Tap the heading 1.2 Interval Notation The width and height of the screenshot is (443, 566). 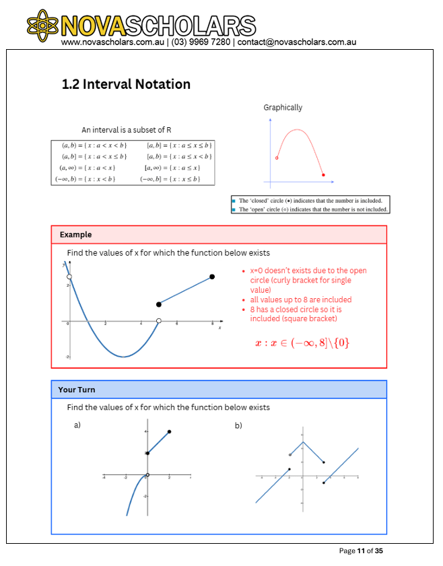(126, 84)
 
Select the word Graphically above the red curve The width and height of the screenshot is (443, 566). (283, 107)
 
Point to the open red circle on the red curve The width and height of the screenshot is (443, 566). (277, 158)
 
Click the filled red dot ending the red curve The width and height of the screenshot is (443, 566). (324, 175)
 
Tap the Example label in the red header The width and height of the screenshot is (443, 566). (75, 235)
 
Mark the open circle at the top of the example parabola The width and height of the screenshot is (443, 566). (69, 276)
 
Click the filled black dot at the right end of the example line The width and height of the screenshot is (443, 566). (212, 277)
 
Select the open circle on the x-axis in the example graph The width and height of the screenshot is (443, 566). (159, 321)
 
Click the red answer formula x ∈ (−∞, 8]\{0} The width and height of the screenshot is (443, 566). (302, 343)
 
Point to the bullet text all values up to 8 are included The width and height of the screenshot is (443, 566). (300, 299)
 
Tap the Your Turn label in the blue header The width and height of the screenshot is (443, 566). (77, 390)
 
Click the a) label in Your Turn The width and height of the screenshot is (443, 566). (77, 425)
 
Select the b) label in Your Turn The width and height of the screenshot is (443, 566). (238, 425)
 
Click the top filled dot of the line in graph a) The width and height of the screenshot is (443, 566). (169, 431)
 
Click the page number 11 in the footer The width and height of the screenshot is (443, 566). (361, 551)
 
